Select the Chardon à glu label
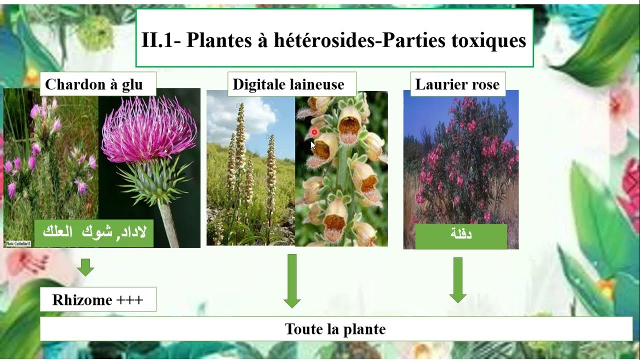click(x=94, y=84)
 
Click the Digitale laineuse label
click(x=288, y=84)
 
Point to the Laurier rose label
click(x=457, y=84)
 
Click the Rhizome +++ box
click(x=98, y=300)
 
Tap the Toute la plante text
click(x=335, y=329)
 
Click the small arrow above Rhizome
click(x=85, y=267)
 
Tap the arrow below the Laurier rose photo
click(x=457, y=280)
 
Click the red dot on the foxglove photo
click(x=314, y=132)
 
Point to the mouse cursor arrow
click(x=312, y=145)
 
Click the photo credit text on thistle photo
click(x=18, y=243)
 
